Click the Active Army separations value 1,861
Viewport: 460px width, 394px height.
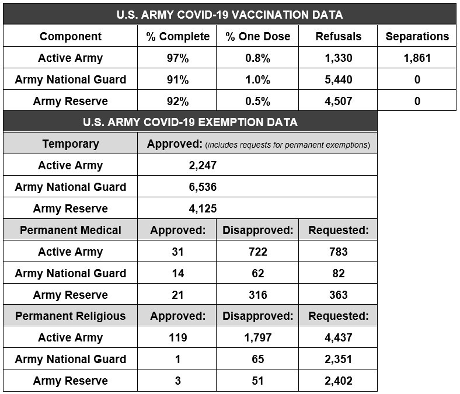point(417,58)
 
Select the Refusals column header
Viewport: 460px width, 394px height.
point(338,36)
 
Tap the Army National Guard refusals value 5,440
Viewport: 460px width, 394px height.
point(338,79)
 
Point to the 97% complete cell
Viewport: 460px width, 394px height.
point(177,58)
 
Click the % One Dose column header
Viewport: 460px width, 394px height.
point(257,36)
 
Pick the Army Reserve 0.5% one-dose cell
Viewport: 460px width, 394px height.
point(257,101)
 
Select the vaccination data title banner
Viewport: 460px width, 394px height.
point(229,15)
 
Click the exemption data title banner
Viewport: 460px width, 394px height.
point(190,122)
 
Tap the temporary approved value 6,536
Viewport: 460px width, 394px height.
point(203,187)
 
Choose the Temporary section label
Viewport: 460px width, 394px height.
point(71,144)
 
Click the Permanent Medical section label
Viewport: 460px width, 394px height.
point(71,230)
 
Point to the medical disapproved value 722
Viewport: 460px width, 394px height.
point(257,252)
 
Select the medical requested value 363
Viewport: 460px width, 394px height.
point(338,295)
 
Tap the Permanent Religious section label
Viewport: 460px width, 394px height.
point(71,316)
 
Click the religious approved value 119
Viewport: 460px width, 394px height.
point(177,337)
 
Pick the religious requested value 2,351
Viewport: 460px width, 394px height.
point(338,359)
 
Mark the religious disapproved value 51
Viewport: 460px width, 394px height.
point(257,381)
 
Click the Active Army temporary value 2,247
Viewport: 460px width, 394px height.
point(203,165)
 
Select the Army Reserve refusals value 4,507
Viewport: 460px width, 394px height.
point(338,101)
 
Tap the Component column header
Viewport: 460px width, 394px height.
point(71,36)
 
